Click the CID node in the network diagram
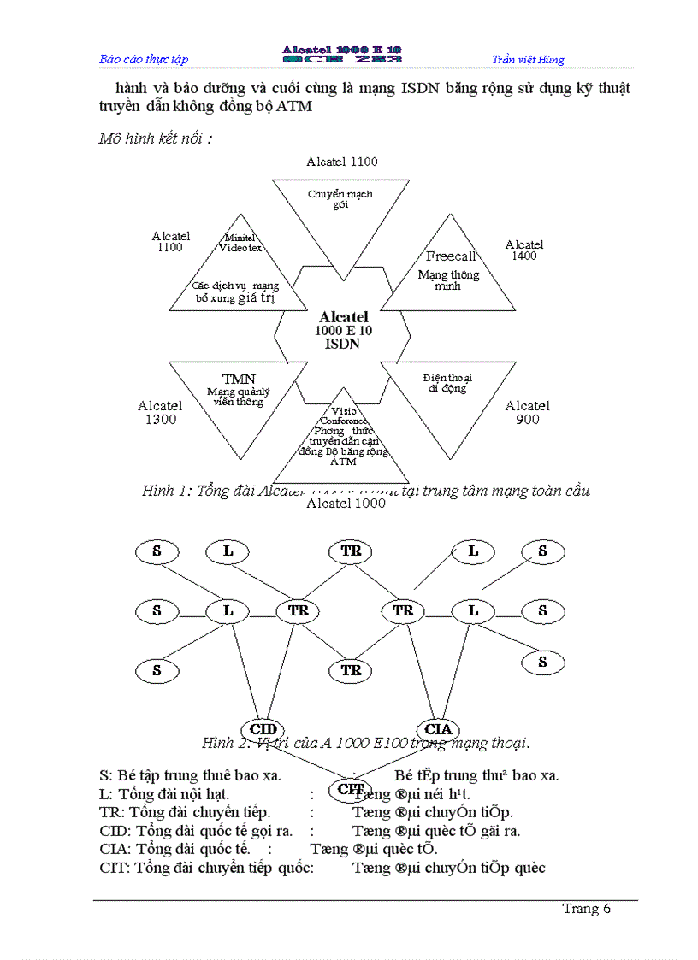[264, 729]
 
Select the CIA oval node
[438, 729]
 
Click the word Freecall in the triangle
[451, 256]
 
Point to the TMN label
[239, 379]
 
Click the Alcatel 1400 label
[523, 250]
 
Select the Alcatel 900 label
[527, 412]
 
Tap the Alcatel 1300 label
[160, 412]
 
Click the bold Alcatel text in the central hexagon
[343, 317]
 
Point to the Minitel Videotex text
[240, 243]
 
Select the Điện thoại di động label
[447, 382]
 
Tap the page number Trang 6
[586, 909]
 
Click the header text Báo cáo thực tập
[144, 59]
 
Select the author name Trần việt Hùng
[528, 59]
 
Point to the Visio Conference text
[343, 415]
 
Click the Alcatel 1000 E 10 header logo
[342, 55]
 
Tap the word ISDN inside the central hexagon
[342, 344]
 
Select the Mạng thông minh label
[448, 280]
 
